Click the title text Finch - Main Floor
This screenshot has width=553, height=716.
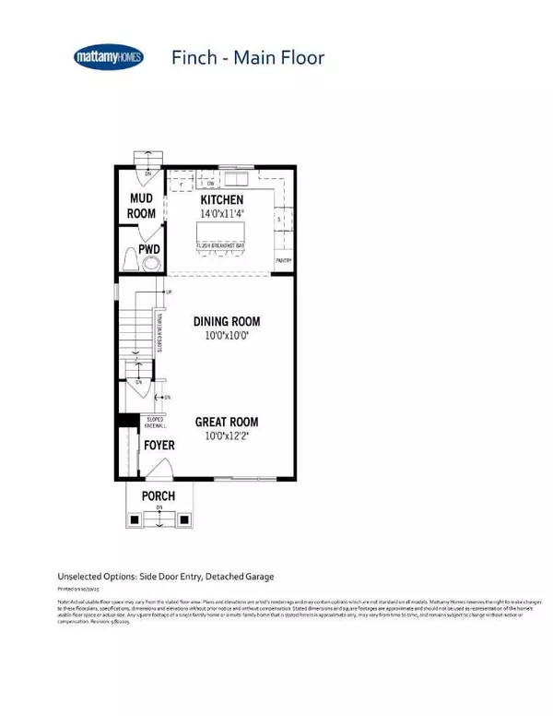247,57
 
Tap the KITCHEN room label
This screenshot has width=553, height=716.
222,200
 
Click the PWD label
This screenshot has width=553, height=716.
149,249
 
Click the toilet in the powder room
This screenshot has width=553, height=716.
130,262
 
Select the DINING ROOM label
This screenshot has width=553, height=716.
227,322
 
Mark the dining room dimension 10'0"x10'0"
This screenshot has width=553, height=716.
227,336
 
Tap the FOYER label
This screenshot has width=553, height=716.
159,446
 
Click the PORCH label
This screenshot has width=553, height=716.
159,496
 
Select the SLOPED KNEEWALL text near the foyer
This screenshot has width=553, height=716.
156,424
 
